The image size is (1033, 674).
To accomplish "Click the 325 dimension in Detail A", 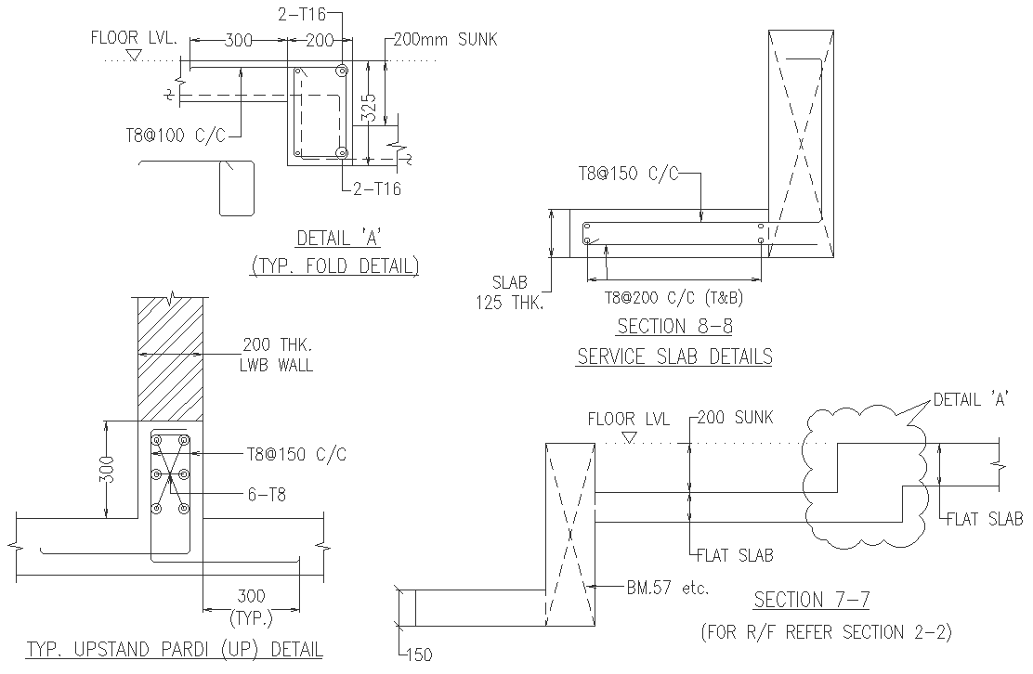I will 369,110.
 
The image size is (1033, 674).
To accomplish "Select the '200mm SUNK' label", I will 445,40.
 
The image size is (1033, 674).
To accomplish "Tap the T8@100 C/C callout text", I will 176,135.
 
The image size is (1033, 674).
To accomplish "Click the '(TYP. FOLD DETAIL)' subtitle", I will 334,266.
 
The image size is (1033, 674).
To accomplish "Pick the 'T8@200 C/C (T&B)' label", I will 673,298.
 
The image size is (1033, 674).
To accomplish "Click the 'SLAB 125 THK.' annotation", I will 510,291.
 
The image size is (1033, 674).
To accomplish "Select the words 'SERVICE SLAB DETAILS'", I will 674,356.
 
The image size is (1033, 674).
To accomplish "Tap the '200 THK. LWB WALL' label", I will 278,354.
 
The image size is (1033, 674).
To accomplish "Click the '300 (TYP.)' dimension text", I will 251,606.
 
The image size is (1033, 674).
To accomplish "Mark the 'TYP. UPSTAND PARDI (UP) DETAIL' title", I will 175,649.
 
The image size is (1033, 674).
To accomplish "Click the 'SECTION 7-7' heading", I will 811,600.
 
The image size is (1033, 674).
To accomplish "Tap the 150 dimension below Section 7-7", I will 420,655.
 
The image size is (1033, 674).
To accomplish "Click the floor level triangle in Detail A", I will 134,57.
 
